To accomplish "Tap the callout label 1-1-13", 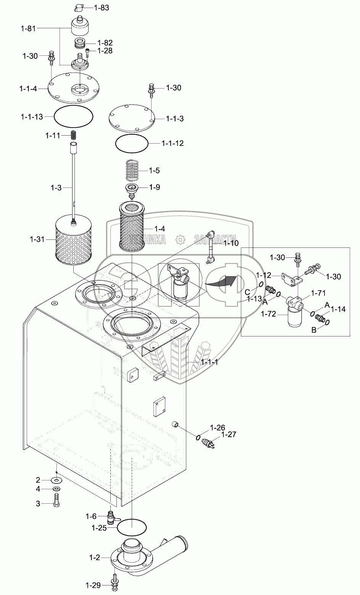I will point(31,116).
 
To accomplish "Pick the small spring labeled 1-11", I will point(74,135).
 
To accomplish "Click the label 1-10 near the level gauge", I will point(231,243).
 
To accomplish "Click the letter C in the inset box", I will point(247,292).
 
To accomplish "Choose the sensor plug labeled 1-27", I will point(210,444).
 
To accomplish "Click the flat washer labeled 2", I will point(57,480).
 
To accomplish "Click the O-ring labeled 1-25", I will point(132,528).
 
